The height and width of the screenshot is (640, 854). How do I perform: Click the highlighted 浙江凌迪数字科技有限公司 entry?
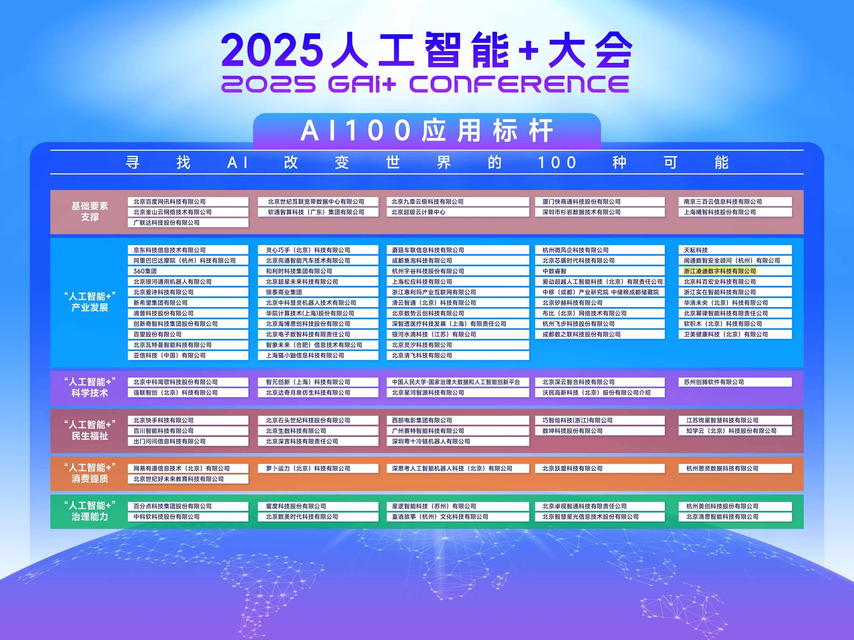pos(720,271)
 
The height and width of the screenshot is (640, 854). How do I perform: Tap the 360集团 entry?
pos(145,271)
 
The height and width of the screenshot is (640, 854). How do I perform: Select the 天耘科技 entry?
pos(696,250)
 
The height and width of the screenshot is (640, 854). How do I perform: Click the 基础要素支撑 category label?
pos(90,211)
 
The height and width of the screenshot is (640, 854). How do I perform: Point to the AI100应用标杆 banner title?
pos(427,131)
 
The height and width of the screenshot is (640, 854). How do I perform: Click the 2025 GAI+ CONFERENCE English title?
pos(425,84)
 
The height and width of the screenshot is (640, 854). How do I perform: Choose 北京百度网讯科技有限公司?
pos(170,202)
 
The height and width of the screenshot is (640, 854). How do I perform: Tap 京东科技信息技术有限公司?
pos(170,250)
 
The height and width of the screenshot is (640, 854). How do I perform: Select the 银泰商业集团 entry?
pos(284,293)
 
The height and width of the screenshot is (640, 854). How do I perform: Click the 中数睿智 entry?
pos(554,271)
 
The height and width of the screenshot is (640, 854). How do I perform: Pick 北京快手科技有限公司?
pos(163,420)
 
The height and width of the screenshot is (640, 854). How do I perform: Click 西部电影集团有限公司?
pos(422,420)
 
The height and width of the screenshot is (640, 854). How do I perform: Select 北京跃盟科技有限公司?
pos(573,469)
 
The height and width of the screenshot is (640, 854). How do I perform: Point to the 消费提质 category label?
pos(90,479)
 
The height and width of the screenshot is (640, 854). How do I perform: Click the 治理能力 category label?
pos(90,516)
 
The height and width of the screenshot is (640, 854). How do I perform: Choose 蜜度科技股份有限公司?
pos(296,506)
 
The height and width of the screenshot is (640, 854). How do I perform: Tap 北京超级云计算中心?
pos(419,212)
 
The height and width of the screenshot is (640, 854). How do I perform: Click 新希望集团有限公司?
pos(161,303)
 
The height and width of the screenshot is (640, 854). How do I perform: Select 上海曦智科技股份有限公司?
pos(720,212)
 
